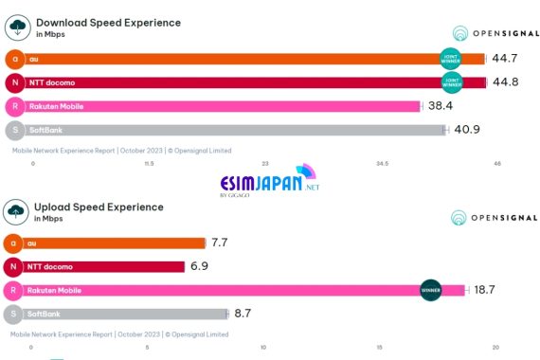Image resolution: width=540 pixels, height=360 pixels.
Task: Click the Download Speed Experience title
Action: pos(107,22)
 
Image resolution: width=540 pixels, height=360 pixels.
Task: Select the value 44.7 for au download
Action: pos(506,59)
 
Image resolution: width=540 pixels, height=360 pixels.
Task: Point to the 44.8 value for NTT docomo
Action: pos(506,82)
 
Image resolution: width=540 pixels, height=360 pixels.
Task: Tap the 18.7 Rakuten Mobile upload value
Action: pos(484,290)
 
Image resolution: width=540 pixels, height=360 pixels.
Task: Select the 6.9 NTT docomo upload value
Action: pos(199,266)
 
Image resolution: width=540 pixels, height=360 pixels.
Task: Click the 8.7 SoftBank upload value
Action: pos(244,313)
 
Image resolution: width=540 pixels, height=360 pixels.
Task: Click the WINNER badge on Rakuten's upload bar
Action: pos(430,290)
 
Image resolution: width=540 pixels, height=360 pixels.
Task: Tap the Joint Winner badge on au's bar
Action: pos(452,59)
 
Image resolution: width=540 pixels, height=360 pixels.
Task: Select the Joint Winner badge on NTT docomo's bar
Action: pos(452,82)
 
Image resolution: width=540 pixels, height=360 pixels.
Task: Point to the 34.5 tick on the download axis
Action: pos(382,164)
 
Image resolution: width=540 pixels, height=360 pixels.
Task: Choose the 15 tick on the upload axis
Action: pos(380,348)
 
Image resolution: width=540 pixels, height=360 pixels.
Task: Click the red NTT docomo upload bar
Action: pos(104,266)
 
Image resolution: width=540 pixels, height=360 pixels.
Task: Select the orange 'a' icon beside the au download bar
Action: pos(14,59)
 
